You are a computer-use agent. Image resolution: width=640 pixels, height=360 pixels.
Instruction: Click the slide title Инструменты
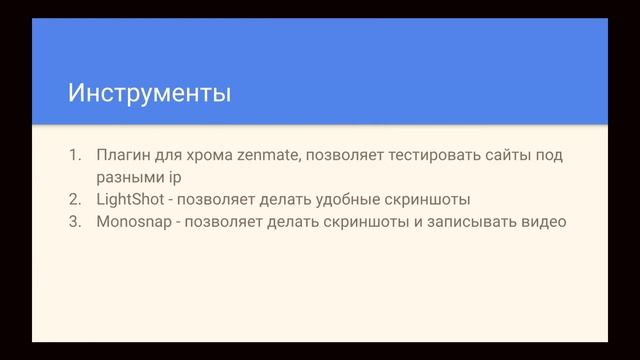pyautogui.click(x=149, y=94)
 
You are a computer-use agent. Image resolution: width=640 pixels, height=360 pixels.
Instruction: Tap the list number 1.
pyautogui.click(x=73, y=156)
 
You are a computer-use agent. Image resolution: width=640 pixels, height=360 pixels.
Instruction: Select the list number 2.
pyautogui.click(x=73, y=199)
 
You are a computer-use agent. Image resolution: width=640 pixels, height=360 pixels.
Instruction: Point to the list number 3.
pyautogui.click(x=73, y=221)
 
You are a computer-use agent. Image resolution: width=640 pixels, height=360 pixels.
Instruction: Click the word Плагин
pyautogui.click(x=121, y=156)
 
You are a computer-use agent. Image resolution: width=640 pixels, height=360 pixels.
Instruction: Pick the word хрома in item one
pyautogui.click(x=210, y=156)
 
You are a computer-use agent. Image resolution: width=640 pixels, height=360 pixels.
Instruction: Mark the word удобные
pyautogui.click(x=349, y=199)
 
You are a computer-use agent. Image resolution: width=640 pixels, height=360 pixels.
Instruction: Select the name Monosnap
pyautogui.click(x=133, y=221)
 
